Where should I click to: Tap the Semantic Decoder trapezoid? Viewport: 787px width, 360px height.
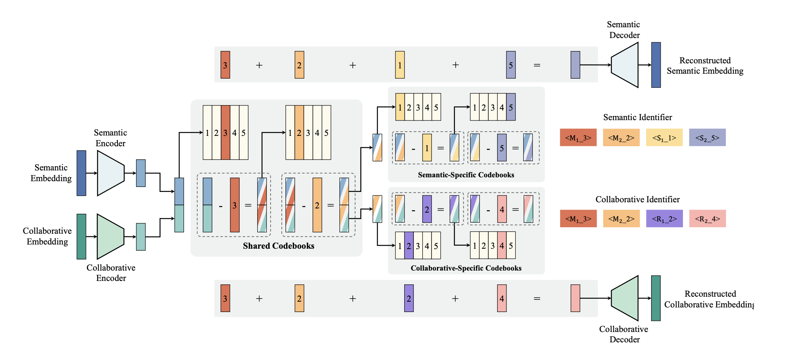625,65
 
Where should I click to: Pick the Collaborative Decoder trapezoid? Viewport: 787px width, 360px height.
625,298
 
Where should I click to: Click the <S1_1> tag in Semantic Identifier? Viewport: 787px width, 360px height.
664,137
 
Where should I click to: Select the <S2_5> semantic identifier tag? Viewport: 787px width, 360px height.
707,137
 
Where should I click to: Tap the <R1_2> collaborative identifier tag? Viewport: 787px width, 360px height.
664,219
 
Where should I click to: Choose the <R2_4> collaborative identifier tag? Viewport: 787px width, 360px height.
707,219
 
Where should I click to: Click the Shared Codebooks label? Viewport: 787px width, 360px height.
278,246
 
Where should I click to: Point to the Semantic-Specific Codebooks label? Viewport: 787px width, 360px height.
466,175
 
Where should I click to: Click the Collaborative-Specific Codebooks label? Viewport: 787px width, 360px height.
466,268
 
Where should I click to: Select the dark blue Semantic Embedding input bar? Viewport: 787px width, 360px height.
81,173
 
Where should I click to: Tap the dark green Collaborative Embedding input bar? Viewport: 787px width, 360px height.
81,236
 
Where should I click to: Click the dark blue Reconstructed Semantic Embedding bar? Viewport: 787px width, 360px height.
656,65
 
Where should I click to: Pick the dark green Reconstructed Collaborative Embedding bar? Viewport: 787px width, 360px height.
656,298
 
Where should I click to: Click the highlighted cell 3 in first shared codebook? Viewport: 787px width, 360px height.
225,132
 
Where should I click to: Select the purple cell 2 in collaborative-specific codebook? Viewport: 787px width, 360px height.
409,246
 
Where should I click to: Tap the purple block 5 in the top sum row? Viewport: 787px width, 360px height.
511,65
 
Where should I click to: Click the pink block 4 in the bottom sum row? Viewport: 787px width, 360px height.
502,298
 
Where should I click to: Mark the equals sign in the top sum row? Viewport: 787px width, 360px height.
537,65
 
